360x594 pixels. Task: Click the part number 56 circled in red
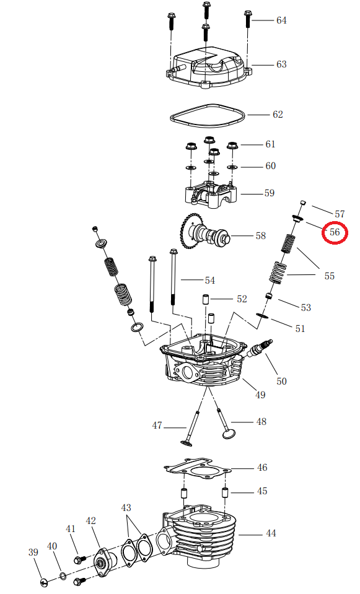tap(335, 233)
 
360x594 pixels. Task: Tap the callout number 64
tap(281, 20)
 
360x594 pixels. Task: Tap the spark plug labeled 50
tap(260, 348)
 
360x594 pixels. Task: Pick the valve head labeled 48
tap(230, 431)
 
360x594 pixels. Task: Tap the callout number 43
tap(126, 508)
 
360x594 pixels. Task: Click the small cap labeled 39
tap(43, 582)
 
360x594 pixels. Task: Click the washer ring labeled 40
tap(62, 577)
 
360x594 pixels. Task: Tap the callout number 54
tap(210, 281)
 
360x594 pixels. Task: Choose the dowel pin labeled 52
tap(203, 300)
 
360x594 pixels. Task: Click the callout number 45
tap(262, 491)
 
